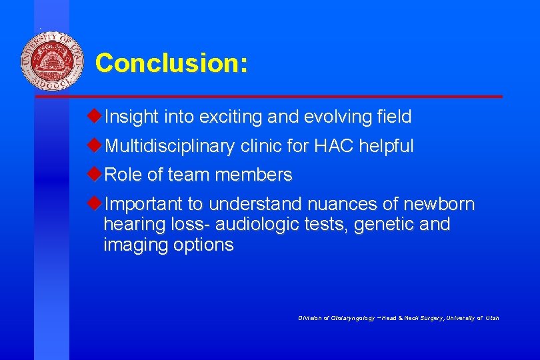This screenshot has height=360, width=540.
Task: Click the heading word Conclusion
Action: pos(171,63)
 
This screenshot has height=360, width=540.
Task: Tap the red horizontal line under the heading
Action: pos(267,97)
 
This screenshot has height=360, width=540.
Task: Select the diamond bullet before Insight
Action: pos(95,117)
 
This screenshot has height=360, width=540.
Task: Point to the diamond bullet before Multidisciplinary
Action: pos(95,145)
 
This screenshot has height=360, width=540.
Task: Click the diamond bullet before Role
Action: pos(95,175)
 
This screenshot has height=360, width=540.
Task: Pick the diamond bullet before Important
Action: pos(95,203)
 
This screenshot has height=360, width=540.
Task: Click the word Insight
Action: pos(130,117)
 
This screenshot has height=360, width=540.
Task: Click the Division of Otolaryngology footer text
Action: pos(399,318)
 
